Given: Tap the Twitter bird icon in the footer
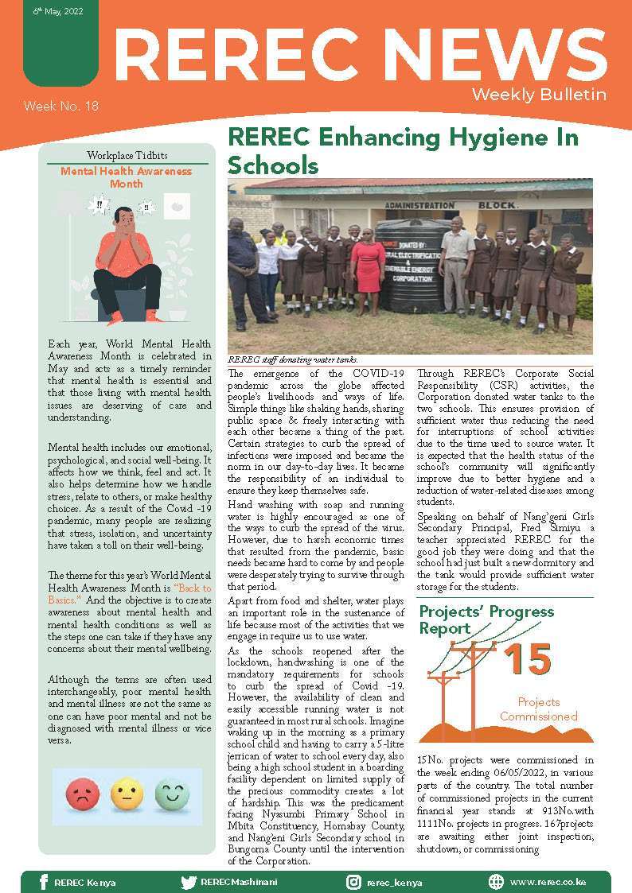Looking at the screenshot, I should click(x=188, y=882).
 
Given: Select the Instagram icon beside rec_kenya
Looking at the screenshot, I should click(x=353, y=882).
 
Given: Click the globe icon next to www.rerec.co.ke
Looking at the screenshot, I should click(x=496, y=882).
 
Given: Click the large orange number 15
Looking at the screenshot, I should click(x=528, y=660).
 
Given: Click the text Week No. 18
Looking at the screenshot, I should click(x=60, y=106).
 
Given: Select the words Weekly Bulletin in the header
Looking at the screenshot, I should click(x=539, y=95).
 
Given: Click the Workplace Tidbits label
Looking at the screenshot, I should click(x=127, y=155).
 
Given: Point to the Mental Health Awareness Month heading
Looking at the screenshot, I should click(x=127, y=177).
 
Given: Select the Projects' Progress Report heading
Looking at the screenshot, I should click(x=486, y=619).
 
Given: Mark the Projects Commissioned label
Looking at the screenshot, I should click(x=538, y=709).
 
